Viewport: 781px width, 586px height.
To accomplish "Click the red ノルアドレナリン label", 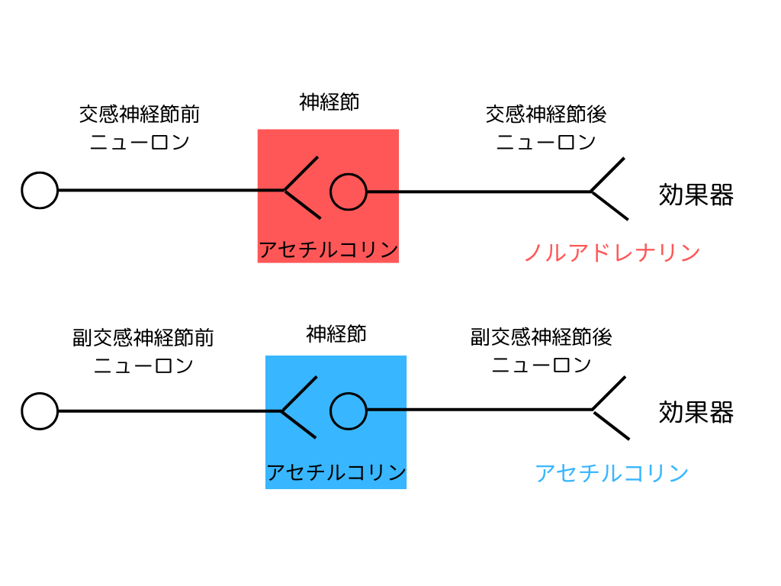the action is pyautogui.click(x=612, y=253).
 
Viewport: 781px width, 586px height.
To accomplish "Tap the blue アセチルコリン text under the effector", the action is pyautogui.click(x=612, y=473).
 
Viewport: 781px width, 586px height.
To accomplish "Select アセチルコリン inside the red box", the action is pyautogui.click(x=328, y=250).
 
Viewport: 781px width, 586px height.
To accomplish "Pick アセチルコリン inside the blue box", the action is pyautogui.click(x=336, y=472).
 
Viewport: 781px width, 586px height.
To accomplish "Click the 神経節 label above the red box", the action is pyautogui.click(x=329, y=102).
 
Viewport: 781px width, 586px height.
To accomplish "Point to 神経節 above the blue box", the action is pyautogui.click(x=336, y=334).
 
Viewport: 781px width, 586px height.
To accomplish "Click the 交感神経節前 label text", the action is pyautogui.click(x=140, y=114).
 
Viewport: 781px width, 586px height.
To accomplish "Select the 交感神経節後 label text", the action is pyautogui.click(x=546, y=114).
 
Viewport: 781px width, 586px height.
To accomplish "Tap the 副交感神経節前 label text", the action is pyautogui.click(x=143, y=337).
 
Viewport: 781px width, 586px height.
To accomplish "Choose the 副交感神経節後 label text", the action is pyautogui.click(x=541, y=336).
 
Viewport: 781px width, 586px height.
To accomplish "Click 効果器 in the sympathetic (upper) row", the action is pyautogui.click(x=696, y=195).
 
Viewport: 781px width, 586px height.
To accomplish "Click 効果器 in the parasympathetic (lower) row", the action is pyautogui.click(x=696, y=413).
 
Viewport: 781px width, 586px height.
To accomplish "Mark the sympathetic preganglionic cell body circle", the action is pyautogui.click(x=23, y=190).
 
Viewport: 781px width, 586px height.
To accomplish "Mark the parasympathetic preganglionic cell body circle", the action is pyautogui.click(x=23, y=411).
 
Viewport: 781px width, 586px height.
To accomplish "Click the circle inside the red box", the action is pyautogui.click(x=331, y=192).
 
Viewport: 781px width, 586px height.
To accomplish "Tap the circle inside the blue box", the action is pyautogui.click(x=331, y=411).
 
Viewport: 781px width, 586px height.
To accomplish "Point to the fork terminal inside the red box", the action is pyautogui.click(x=285, y=190).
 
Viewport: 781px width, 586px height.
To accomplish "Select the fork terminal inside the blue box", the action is pyautogui.click(x=282, y=411).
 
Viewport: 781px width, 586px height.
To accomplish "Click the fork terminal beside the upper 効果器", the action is pyautogui.click(x=592, y=191).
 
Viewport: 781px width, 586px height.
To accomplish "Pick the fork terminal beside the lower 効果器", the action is pyautogui.click(x=593, y=410).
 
